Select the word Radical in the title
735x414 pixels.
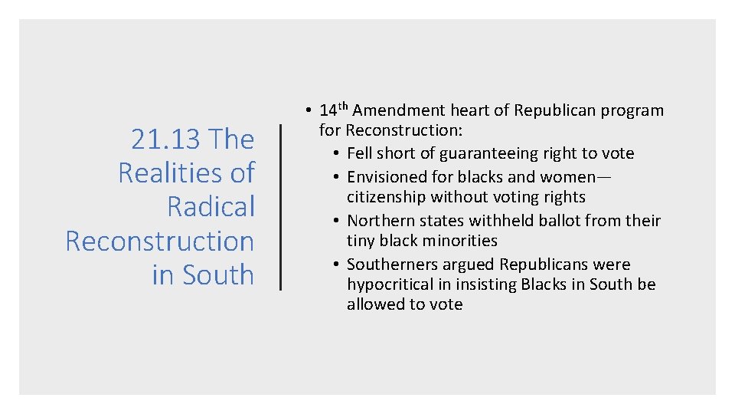(211, 207)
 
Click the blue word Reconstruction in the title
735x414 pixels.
(159, 241)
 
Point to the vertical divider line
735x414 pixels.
(281, 207)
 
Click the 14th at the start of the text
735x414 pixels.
(334, 110)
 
